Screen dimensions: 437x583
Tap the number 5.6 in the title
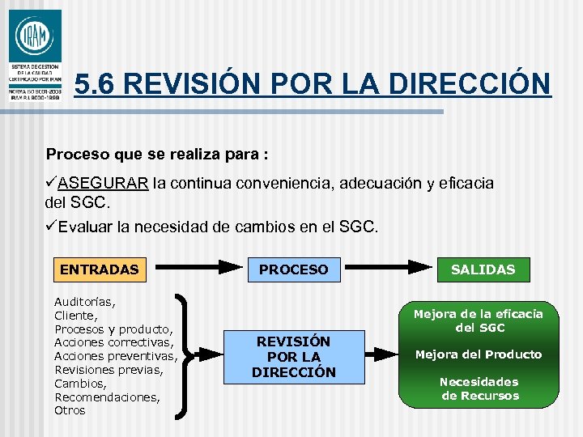tap(96, 83)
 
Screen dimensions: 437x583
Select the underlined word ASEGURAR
tap(103, 183)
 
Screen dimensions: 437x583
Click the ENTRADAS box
tap(99, 269)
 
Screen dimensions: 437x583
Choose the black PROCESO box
tap(293, 269)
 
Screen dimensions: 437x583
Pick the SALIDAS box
tap(483, 269)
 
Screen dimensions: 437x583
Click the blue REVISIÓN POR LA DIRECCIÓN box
tap(293, 357)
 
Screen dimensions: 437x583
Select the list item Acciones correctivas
tap(113, 342)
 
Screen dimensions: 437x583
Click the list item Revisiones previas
tap(109, 370)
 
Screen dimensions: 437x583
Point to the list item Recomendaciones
tap(107, 397)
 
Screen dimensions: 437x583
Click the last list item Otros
tap(70, 410)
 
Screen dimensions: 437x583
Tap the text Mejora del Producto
tap(479, 354)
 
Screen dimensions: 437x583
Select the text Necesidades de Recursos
tap(479, 388)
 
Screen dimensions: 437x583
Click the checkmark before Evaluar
tap(51, 226)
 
